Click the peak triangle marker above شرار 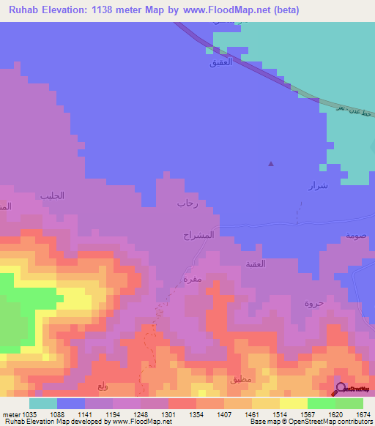coord(272,163)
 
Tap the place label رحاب coord(187,204)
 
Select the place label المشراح coord(198,236)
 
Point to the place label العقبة coord(275,264)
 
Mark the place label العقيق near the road coord(222,64)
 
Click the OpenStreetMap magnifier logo coord(341,389)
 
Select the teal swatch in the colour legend coord(43,403)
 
